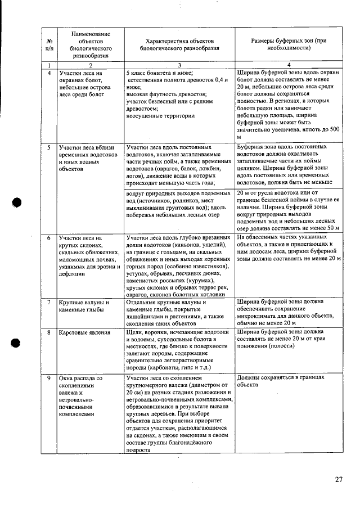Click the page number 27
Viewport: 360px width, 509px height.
(x=339, y=479)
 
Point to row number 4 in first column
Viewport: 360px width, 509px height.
(x=49, y=73)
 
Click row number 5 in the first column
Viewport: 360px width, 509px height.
(x=49, y=147)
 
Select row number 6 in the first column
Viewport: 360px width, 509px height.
(x=49, y=238)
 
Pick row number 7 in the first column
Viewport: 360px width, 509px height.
(x=49, y=302)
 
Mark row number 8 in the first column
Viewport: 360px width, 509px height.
(x=49, y=332)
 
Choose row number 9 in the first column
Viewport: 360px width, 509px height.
(x=49, y=378)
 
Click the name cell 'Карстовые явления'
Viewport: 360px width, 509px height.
(x=84, y=332)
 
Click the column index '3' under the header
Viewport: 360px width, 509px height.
(x=179, y=65)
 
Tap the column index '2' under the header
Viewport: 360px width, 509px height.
(x=90, y=65)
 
